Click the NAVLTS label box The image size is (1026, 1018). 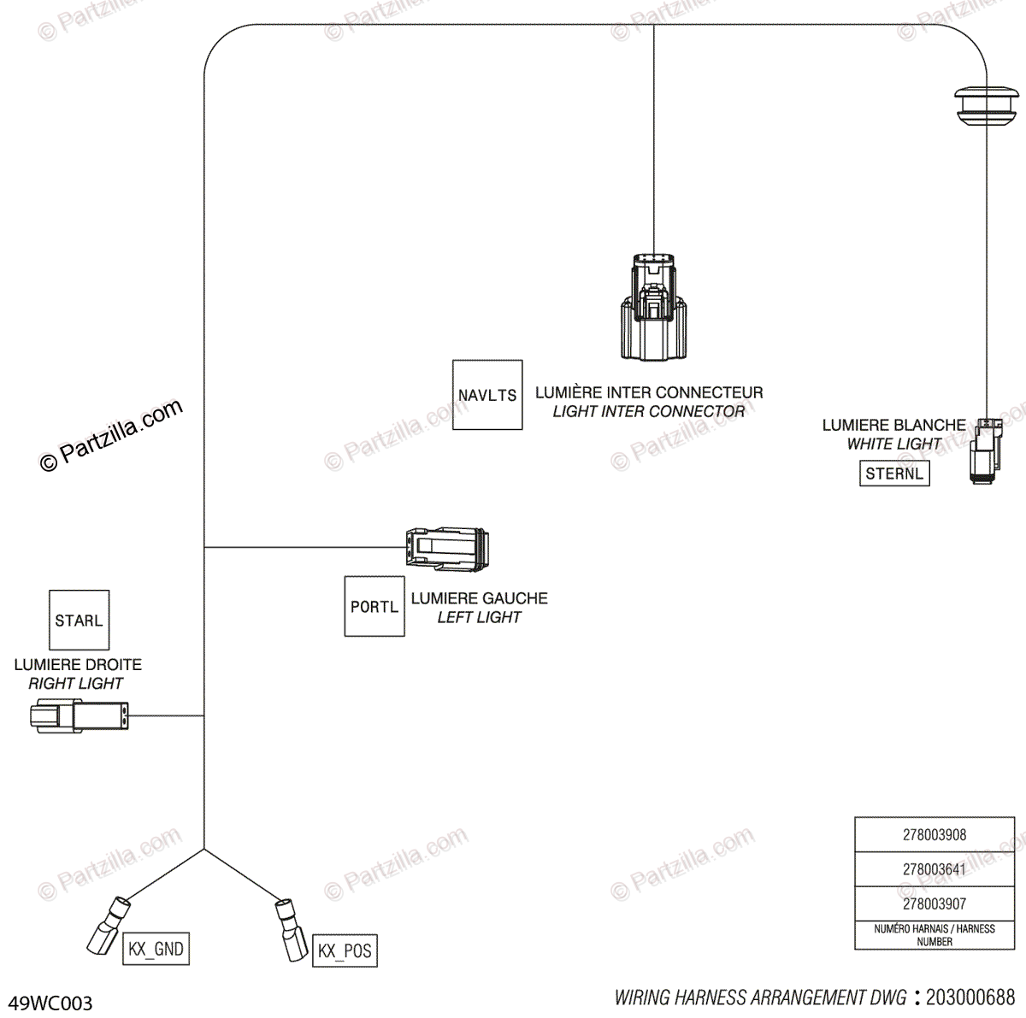point(487,395)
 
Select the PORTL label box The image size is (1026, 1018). point(374,606)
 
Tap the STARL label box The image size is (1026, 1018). point(80,620)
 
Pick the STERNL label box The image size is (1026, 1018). point(894,474)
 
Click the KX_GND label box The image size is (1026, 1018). point(156,949)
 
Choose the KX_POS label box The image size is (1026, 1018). point(345,950)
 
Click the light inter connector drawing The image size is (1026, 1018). point(653,307)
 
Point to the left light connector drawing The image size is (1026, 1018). point(447,549)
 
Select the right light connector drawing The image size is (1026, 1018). point(80,715)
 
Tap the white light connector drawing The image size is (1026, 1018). point(985,451)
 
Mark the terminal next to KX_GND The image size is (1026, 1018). point(109,926)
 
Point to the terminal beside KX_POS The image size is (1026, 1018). point(291,930)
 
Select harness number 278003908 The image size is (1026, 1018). point(935,834)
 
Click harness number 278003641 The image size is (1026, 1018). point(935,869)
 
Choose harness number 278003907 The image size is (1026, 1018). point(935,903)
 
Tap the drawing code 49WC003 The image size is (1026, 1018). point(50,1003)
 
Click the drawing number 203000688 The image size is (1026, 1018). point(970,997)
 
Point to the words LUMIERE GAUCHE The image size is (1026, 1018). point(479,598)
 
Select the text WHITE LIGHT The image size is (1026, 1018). point(894,444)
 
